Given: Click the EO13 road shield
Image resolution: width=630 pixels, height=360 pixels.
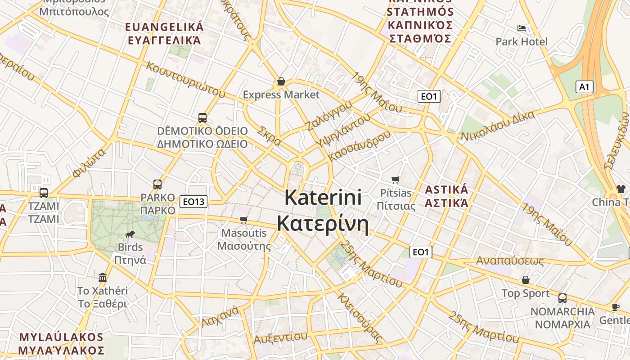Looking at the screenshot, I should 193,202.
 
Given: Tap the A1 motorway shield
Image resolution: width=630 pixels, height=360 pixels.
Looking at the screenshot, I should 584,87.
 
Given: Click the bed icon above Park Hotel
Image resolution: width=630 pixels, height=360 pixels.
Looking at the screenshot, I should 522,28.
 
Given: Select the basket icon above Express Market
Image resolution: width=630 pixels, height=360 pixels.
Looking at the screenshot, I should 281,81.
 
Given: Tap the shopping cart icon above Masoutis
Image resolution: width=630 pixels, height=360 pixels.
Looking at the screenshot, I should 244,220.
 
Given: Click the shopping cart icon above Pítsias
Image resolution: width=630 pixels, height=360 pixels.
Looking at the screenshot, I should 396,180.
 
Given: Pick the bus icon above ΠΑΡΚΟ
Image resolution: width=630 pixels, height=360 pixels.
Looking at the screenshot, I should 157,184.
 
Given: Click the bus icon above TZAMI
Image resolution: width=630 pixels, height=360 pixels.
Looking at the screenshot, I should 44,193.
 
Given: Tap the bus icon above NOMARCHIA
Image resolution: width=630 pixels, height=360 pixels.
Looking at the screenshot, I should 562,298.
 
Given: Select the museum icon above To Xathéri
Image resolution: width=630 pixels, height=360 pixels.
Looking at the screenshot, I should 103,277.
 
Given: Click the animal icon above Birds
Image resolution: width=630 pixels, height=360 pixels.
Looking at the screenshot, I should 130,234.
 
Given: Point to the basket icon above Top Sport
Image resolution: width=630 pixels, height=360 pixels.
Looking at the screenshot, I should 525,280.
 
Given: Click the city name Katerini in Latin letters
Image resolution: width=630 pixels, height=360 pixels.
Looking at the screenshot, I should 323,197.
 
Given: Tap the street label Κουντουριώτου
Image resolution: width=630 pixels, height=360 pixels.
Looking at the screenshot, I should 185,79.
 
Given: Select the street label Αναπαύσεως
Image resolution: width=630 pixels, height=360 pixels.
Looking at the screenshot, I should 510,261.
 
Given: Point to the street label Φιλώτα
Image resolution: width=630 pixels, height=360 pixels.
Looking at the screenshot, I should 88,162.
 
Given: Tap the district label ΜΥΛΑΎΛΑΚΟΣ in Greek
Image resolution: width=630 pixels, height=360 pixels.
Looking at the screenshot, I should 61,350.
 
